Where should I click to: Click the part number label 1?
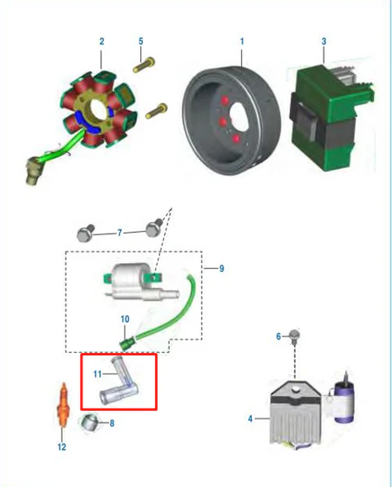coord(242,41)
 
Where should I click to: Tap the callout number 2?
coord(102,42)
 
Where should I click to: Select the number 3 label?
coord(323,42)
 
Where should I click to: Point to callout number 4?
coord(250,418)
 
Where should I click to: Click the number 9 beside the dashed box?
coord(221,269)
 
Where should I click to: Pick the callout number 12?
coord(62,447)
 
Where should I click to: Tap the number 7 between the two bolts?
coord(119,233)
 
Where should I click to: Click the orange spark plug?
coord(63,404)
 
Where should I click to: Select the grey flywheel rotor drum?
coord(231,121)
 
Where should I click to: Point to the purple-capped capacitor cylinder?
coord(343,400)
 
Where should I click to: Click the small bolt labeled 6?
coord(294,336)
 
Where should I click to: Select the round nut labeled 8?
coord(89,422)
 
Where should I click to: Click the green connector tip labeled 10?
coord(127,343)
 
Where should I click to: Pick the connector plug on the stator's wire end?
coord(33,170)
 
